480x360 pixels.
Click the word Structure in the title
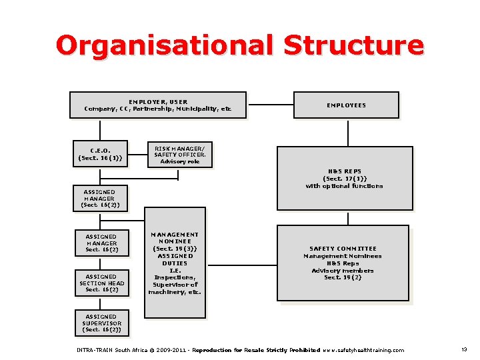point(353,45)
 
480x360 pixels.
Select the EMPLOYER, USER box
point(157,105)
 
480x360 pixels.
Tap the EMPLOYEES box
point(346,105)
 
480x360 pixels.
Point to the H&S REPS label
point(345,171)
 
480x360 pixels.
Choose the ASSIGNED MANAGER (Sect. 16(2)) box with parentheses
point(99,199)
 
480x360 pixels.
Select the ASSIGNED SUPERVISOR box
point(101,323)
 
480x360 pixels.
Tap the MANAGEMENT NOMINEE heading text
point(175,238)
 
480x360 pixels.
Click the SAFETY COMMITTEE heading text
point(343,249)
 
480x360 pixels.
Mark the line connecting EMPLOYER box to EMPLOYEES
point(270,105)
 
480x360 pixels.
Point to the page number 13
point(463,350)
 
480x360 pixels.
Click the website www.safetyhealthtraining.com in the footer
point(363,350)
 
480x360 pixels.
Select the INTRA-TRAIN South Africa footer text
point(113,350)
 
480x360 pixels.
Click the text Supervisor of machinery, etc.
point(175,288)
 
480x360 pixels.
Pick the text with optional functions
point(345,186)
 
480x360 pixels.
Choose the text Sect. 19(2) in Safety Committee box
point(343,277)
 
